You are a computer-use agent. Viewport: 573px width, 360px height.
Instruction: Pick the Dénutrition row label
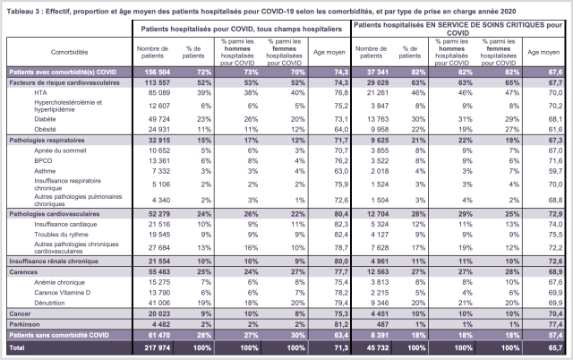pos(50,304)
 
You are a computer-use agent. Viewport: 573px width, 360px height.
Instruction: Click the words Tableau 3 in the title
pos(24,8)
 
